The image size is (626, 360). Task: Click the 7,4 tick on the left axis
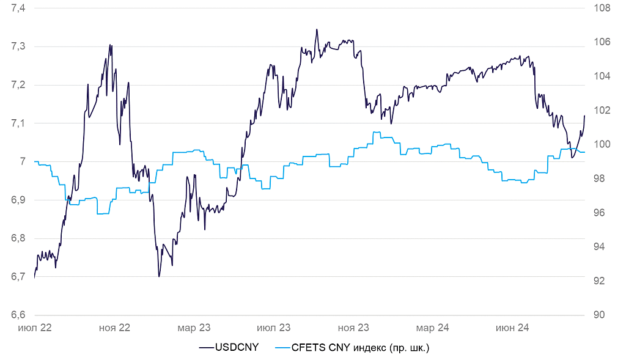[x=17, y=8]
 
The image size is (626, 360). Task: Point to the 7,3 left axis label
[x=17, y=46]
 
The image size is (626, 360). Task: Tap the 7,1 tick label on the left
[x=17, y=123]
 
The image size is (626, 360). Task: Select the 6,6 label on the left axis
[x=17, y=315]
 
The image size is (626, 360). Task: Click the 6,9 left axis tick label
[x=17, y=200]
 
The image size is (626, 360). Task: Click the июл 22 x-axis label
[x=34, y=328]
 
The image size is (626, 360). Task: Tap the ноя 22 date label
[x=114, y=328]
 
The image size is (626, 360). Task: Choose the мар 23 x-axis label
[x=194, y=328]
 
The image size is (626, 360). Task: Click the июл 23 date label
[x=274, y=328]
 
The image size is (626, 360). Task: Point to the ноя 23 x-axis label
[x=354, y=328]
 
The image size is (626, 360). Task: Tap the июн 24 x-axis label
[x=512, y=328]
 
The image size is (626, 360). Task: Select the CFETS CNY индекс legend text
[x=361, y=348]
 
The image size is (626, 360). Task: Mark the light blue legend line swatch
[x=282, y=348]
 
